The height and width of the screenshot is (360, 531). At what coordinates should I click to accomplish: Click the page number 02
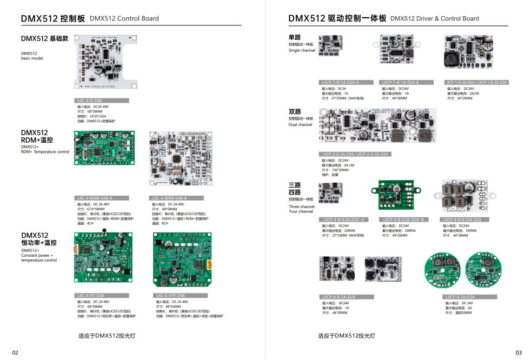tap(15, 353)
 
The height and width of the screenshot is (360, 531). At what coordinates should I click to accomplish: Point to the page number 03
tap(519, 353)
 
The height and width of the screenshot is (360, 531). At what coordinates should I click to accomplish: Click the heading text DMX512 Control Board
tap(124, 18)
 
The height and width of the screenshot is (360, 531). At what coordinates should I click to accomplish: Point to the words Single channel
tap(302, 50)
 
